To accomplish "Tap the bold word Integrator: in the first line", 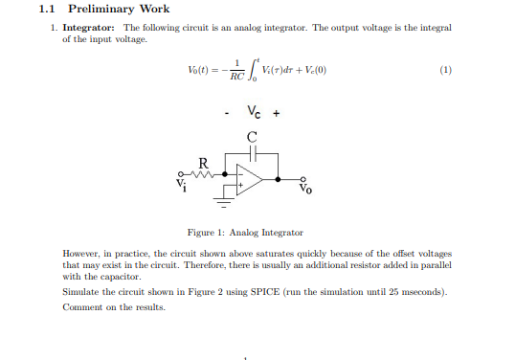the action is tap(95, 29).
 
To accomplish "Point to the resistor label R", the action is tap(200, 162).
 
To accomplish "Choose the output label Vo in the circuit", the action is tap(304, 190).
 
